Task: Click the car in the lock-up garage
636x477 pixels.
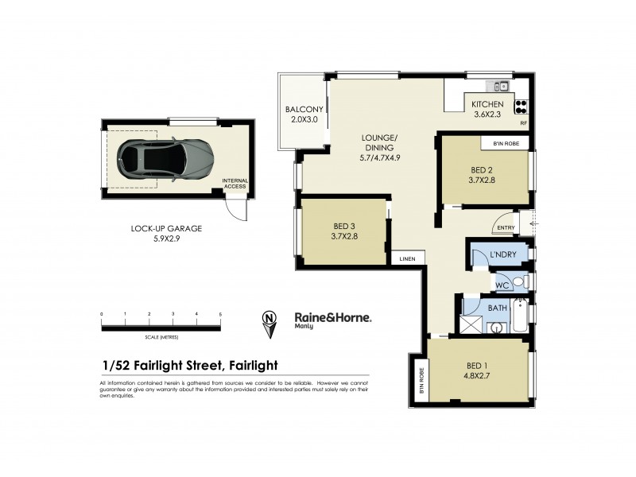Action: pyautogui.click(x=164, y=159)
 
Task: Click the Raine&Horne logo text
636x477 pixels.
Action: pyautogui.click(x=332, y=316)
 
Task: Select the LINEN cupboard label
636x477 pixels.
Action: pyautogui.click(x=405, y=258)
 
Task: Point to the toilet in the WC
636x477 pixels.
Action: pyautogui.click(x=518, y=282)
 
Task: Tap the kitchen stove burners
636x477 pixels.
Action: pyautogui.click(x=522, y=107)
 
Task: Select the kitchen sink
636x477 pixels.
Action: pyautogui.click(x=500, y=85)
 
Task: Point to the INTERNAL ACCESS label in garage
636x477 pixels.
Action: pyautogui.click(x=235, y=184)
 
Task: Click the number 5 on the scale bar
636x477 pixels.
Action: pyautogui.click(x=220, y=314)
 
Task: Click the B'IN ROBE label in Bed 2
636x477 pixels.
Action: pyautogui.click(x=506, y=143)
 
